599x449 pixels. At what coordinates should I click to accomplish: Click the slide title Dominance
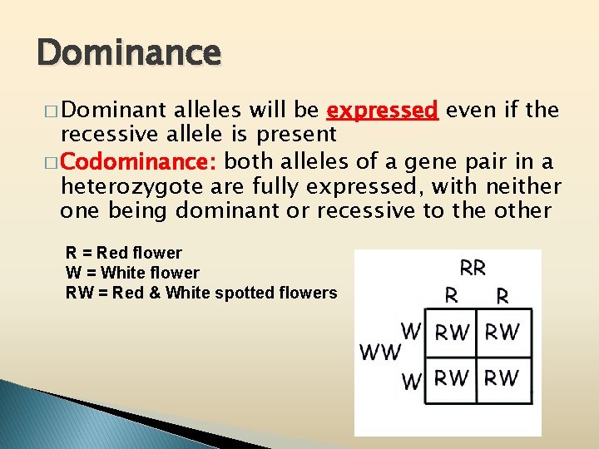[129, 53]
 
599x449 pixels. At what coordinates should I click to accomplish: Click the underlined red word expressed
[383, 111]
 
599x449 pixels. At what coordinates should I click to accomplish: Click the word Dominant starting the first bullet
[113, 111]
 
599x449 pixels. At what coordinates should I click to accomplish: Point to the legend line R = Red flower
[123, 253]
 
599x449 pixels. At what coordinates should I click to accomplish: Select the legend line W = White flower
[132, 273]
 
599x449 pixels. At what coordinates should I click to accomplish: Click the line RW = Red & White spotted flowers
[201, 293]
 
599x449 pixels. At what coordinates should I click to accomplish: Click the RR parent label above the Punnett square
[473, 268]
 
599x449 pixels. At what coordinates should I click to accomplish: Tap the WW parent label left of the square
[379, 353]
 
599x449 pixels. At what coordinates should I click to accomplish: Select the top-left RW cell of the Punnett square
[453, 333]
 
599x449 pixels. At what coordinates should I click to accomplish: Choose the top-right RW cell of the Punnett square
[502, 333]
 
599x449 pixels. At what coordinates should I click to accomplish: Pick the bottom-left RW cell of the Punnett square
[453, 379]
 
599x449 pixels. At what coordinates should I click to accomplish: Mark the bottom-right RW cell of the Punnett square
[502, 379]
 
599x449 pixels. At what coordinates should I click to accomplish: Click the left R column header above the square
[452, 294]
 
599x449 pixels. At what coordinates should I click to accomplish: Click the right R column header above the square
[502, 294]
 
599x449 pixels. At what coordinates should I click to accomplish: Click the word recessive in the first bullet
[99, 135]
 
